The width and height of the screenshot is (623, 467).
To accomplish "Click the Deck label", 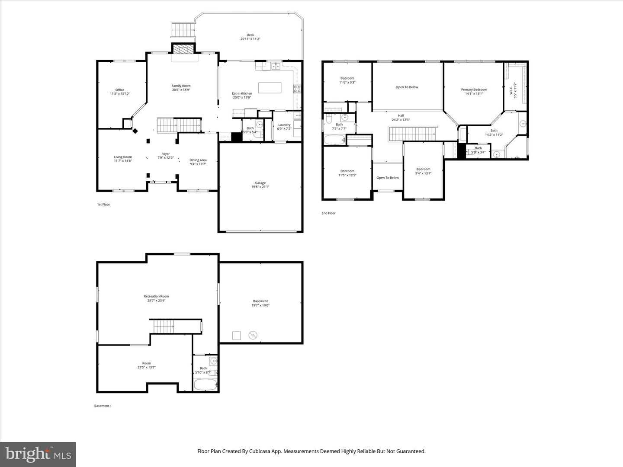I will (x=250, y=35).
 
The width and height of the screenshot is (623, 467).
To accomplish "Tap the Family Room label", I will (x=181, y=86).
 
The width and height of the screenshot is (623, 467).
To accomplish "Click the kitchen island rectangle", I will (x=270, y=88).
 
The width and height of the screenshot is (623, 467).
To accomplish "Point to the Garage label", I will (x=260, y=183).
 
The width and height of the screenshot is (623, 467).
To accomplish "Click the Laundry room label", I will (x=284, y=125).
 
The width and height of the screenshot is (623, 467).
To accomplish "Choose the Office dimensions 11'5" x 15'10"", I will (x=120, y=94).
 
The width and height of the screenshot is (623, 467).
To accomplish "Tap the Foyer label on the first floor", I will (x=166, y=154).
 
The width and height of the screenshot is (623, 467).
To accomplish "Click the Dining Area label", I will (x=198, y=160).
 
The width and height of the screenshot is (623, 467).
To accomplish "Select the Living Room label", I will (x=123, y=157).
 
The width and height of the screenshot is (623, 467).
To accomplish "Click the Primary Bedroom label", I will (x=474, y=90).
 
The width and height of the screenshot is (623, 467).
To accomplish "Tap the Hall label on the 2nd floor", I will (x=401, y=115).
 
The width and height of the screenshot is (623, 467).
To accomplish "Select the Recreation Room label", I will (x=156, y=296).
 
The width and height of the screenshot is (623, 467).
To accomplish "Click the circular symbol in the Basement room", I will (x=253, y=335).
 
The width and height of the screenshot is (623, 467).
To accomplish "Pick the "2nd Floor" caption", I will (x=328, y=213).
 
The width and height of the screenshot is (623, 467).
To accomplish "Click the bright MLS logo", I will (x=38, y=454).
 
